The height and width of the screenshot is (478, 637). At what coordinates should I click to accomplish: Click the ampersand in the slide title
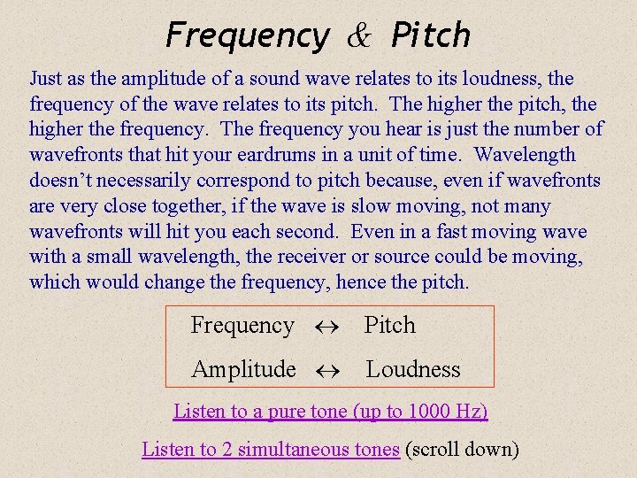[360, 36]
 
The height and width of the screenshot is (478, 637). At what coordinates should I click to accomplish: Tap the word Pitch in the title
[431, 36]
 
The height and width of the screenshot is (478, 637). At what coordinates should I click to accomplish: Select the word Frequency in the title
[247, 36]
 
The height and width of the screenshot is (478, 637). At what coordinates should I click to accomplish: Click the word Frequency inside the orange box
[242, 326]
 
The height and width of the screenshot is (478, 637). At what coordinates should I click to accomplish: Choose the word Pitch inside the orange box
[390, 326]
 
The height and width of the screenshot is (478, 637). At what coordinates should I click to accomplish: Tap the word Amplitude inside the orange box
[243, 369]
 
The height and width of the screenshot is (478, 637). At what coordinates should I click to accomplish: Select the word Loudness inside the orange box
[413, 369]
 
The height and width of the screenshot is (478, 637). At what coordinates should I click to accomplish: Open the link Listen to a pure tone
[330, 412]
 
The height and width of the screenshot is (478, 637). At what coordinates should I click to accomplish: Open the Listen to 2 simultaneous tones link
[271, 450]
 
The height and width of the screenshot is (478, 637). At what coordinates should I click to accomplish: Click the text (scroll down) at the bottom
[462, 450]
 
